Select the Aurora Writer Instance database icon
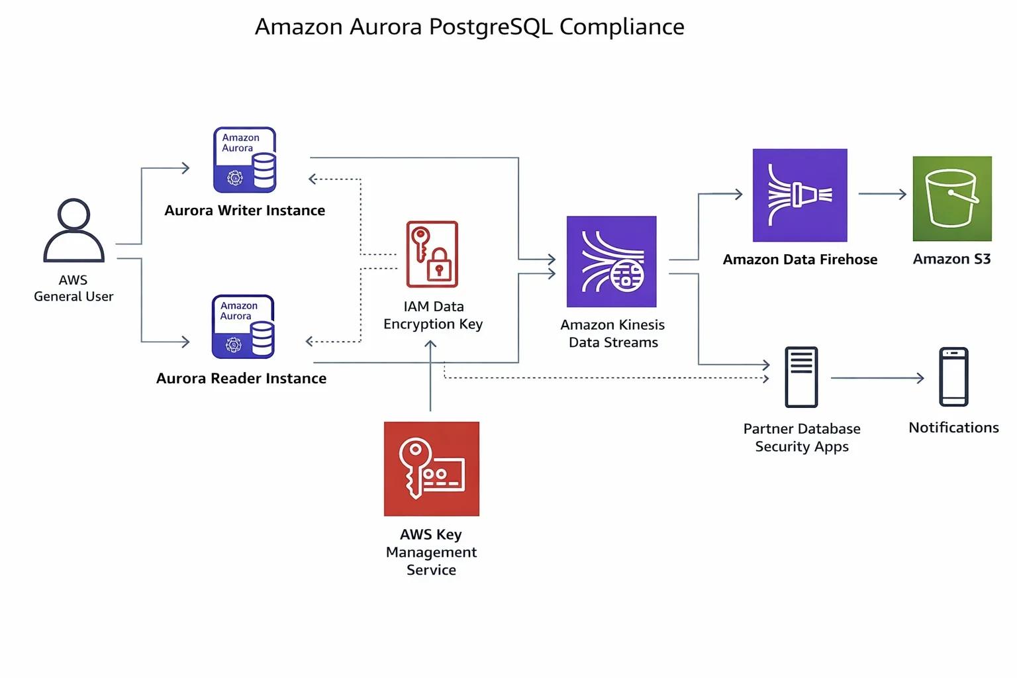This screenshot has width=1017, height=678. (244, 160)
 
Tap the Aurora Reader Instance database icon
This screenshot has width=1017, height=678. (243, 327)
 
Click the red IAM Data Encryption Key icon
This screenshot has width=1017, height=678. (432, 254)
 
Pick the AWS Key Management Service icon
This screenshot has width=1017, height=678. (432, 469)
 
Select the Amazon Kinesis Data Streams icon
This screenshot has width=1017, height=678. (612, 262)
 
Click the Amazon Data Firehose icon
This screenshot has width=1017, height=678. (800, 195)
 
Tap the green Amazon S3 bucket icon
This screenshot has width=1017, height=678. (952, 199)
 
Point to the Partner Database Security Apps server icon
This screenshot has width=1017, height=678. (801, 377)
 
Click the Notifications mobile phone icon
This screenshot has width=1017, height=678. (953, 377)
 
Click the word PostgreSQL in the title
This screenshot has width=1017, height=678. (490, 27)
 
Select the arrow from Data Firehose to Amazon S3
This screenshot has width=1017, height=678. (882, 194)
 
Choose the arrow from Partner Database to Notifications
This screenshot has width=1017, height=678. (877, 378)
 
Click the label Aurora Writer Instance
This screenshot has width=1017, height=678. (245, 211)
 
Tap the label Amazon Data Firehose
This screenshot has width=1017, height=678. (800, 260)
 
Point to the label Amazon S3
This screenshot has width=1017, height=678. (951, 259)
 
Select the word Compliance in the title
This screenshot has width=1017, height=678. (622, 27)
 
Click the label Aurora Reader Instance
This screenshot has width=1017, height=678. (242, 379)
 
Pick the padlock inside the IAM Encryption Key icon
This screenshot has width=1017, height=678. (439, 267)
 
